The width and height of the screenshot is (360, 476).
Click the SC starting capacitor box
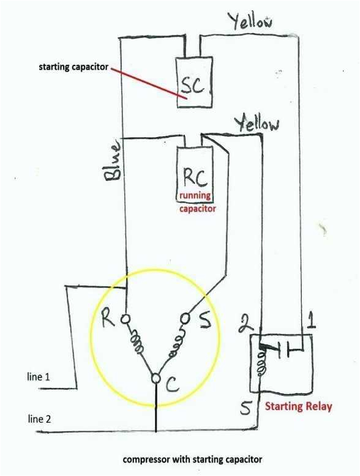(195, 83)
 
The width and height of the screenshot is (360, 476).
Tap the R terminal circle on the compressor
(125, 319)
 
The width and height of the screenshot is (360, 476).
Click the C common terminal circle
(156, 380)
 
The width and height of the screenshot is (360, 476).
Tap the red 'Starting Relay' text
(298, 407)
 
